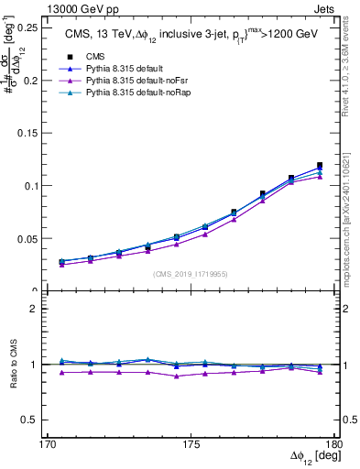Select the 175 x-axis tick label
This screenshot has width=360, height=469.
pyautogui.click(x=191, y=444)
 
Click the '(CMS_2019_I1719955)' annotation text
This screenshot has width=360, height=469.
pyautogui.click(x=191, y=272)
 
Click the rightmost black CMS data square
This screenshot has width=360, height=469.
pyautogui.click(x=320, y=166)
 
